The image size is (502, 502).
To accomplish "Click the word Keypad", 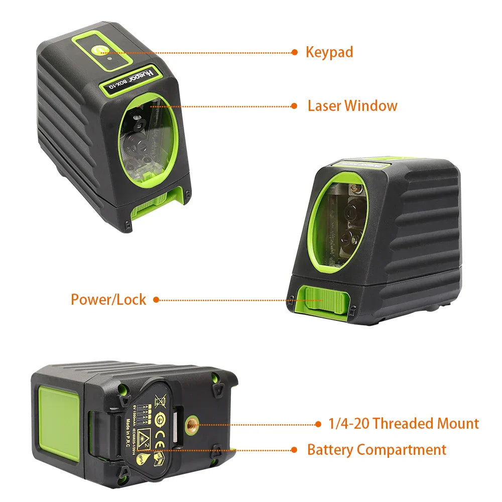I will [x=329, y=52].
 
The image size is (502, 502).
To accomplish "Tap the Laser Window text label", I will [x=352, y=106].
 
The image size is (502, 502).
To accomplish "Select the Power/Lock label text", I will [x=108, y=300].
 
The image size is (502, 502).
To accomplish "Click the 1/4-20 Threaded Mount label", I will [x=404, y=424].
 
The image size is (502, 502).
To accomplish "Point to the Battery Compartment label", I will [x=376, y=449].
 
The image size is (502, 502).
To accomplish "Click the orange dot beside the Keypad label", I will [x=295, y=52].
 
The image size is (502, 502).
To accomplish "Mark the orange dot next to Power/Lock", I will [x=156, y=300].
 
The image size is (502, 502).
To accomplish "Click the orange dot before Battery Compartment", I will [x=295, y=450].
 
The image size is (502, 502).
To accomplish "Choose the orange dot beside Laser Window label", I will [x=295, y=106].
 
